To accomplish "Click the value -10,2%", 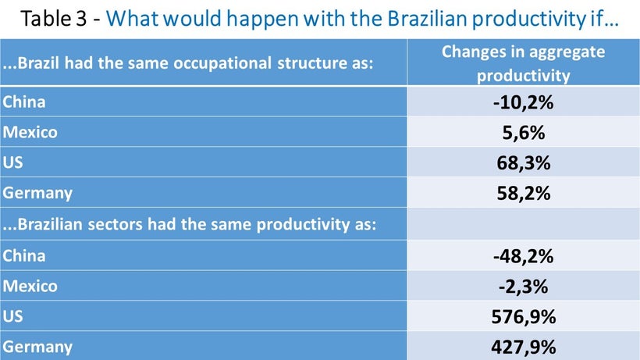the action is point(523,102).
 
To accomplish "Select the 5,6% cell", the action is point(523,133).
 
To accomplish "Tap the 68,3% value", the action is point(523,163).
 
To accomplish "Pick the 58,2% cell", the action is point(523,193).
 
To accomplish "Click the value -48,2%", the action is point(523,256).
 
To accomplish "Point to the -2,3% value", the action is point(523,287).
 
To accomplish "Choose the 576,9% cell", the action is point(523,317).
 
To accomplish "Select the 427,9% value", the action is point(523,347).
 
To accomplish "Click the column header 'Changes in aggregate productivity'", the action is point(523,63).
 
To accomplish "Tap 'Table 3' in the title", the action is point(54,19).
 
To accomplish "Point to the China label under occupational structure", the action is point(23,102).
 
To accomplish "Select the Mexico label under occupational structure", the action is point(30,132).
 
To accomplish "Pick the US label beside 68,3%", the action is point(12,162).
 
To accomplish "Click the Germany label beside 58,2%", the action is point(37,193).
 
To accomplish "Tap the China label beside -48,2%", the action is point(23,256).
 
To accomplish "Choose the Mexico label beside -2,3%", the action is point(30,286).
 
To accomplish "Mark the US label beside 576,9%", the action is point(12,316).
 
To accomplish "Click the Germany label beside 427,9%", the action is point(37,347).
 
